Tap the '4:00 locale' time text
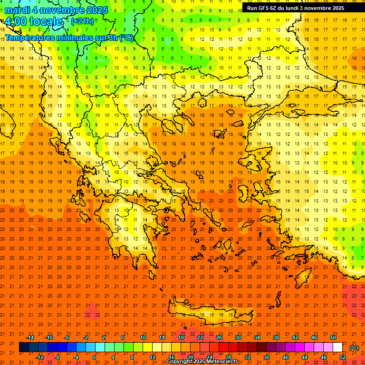pos(33,21)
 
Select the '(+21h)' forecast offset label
pos(82,21)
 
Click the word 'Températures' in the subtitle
pos(29,38)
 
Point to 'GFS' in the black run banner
pos(264,8)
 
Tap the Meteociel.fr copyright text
pos(202,362)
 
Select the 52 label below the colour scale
pos(343,357)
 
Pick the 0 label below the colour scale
pos(94,357)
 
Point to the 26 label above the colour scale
pos(219,337)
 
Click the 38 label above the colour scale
pos(276,337)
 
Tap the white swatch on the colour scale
pos(338,347)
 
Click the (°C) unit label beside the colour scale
pos(354,348)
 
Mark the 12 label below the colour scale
pos(153,357)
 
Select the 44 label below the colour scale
pos(305,357)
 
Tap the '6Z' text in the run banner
pos(276,8)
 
